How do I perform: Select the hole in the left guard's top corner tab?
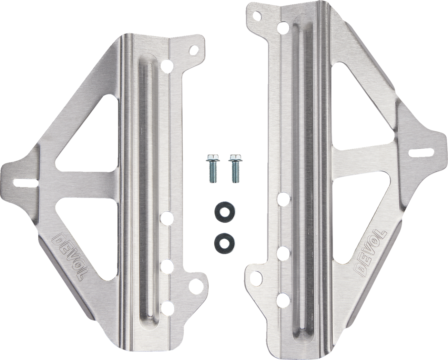pyautogui.click(x=194, y=50)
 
